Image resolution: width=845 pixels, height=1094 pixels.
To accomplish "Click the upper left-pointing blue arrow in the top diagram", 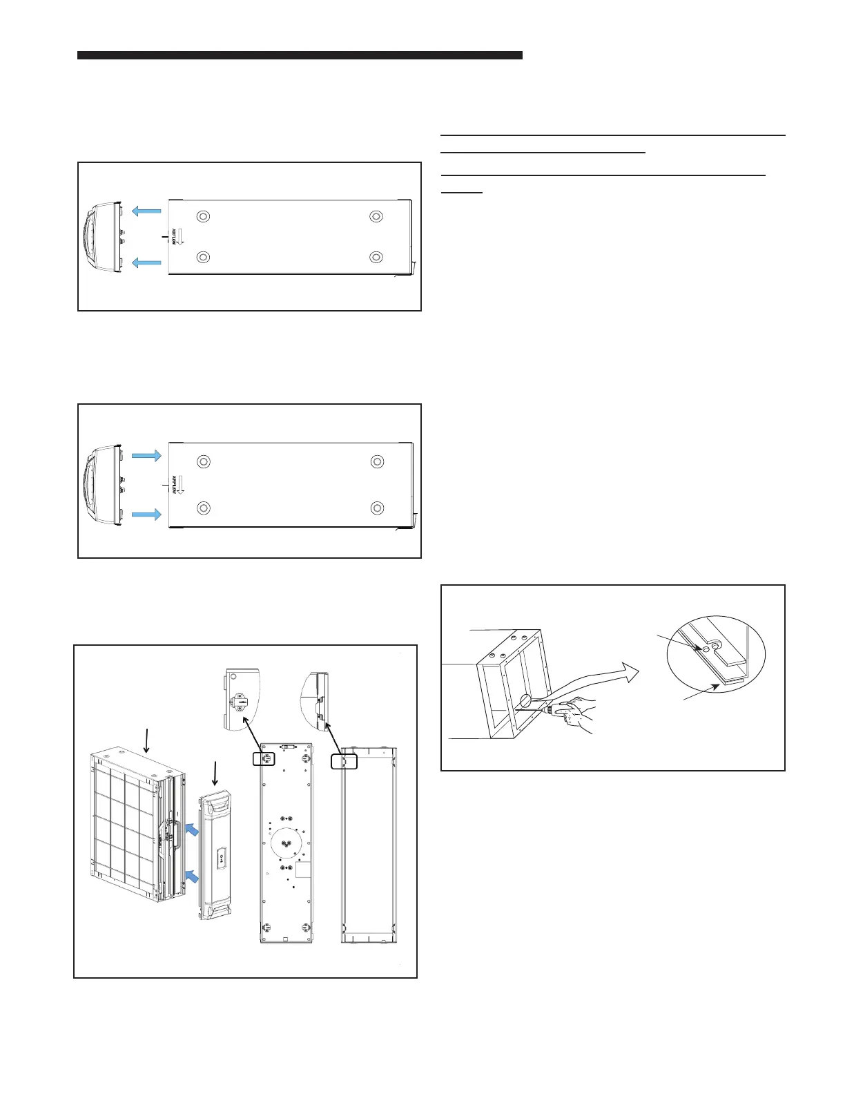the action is click(x=146, y=210).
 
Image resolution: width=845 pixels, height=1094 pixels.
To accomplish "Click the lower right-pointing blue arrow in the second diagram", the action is click(x=146, y=514).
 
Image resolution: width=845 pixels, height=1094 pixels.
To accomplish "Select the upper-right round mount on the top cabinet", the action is click(x=376, y=217).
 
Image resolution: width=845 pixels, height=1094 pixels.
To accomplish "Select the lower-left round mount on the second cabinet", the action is click(x=204, y=508).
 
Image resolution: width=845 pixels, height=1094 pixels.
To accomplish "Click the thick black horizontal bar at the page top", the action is click(x=300, y=55).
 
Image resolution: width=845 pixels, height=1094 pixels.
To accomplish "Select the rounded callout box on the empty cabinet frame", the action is click(x=344, y=761).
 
